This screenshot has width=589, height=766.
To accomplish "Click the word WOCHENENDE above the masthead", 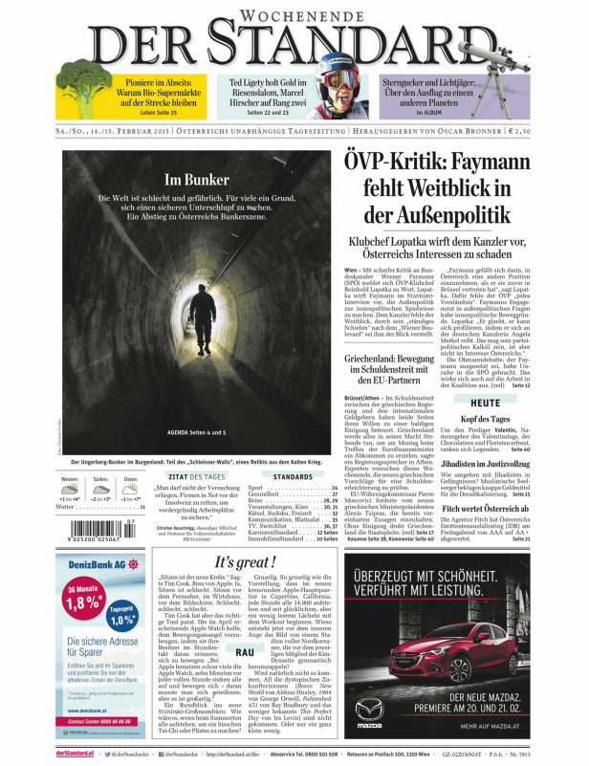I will pos(295,16).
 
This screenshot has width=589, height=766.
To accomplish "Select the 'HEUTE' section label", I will pos(485,402).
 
